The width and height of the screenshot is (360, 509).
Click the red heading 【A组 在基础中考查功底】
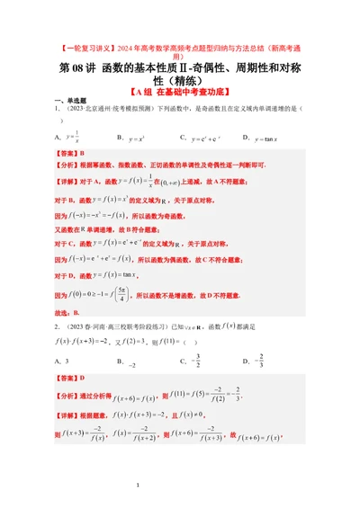pyautogui.click(x=179, y=91)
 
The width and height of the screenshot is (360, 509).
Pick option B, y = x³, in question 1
pyautogui.click(x=131, y=138)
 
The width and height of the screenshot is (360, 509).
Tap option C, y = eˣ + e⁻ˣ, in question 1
pyautogui.click(x=201, y=138)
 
